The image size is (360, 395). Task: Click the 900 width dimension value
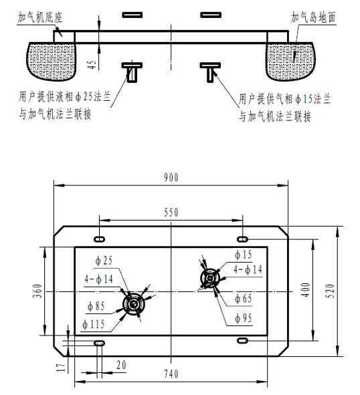click(171, 178)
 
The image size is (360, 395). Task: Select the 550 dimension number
click(171, 213)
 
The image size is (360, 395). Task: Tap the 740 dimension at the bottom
click(171, 374)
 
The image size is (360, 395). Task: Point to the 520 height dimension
click(331, 291)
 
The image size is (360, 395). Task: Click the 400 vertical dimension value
click(306, 289)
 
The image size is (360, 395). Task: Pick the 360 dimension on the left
click(37, 291)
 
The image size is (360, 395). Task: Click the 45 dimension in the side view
click(92, 64)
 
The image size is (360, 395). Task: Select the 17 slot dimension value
click(61, 368)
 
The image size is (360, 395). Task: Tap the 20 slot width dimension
click(121, 365)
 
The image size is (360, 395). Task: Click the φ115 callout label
click(94, 324)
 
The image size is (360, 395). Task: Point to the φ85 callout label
click(96, 306)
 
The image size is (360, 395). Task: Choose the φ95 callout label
click(244, 318)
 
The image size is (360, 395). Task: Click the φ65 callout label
click(244, 299)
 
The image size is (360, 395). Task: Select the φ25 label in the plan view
click(104, 261)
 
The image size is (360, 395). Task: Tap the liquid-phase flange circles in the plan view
click(134, 304)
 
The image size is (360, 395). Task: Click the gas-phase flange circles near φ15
click(210, 278)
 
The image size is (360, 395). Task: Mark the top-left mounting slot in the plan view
click(100, 239)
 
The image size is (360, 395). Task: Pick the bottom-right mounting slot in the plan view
click(242, 341)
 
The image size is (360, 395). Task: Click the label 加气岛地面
click(313, 17)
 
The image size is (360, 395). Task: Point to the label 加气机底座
click(40, 17)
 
